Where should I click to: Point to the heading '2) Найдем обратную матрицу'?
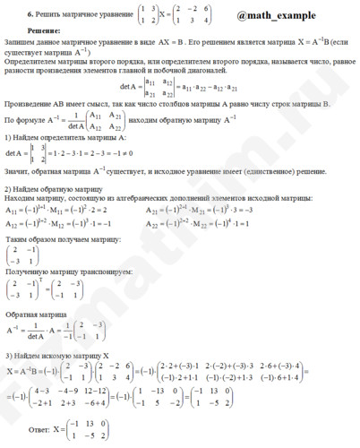tap(52, 188)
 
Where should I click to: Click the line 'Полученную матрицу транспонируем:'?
tap(56, 270)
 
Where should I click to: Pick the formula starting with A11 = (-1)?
tap(63, 208)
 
